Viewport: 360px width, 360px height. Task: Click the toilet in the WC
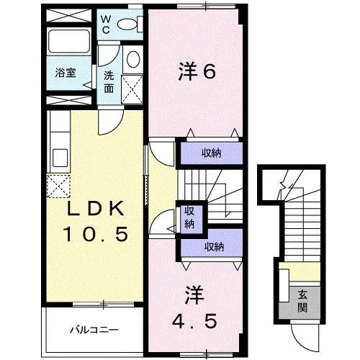point(130,24)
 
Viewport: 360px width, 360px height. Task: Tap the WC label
point(105,24)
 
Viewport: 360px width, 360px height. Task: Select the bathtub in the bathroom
point(69,41)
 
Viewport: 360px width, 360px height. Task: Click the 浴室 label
point(66,73)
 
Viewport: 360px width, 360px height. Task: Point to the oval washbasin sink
point(133,59)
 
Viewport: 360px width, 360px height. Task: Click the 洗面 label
point(109,82)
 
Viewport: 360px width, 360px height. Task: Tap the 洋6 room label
point(197,71)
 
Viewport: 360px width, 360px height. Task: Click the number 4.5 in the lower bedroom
point(194,321)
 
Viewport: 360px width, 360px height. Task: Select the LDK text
point(95,208)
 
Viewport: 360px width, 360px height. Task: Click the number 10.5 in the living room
point(95,235)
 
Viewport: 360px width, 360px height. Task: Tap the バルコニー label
point(94,330)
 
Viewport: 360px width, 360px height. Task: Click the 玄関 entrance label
point(302,301)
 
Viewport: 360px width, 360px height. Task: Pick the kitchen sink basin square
point(60,158)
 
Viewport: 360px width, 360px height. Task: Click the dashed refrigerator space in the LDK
point(58,186)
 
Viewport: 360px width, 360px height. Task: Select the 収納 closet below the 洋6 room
point(211,153)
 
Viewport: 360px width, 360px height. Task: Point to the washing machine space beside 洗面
point(132,89)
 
